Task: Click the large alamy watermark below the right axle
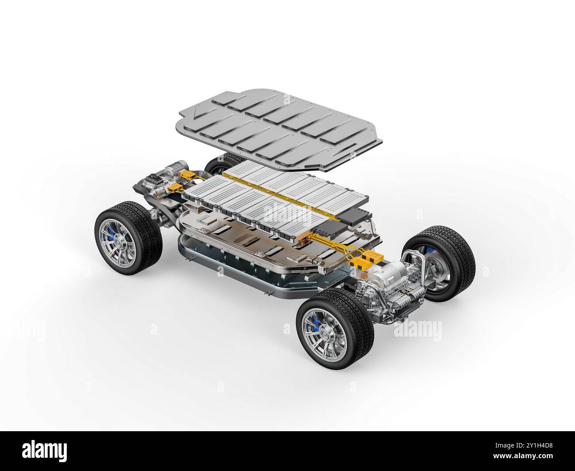click(417, 330)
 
